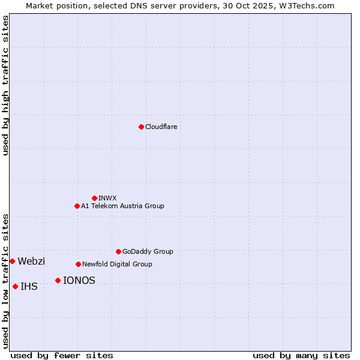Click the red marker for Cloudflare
141,127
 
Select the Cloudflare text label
161,127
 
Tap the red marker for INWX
94,198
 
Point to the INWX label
108,198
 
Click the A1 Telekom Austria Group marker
77,206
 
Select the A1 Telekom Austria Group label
122,206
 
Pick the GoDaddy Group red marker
118,251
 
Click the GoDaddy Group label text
148,251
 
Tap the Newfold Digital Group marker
78,264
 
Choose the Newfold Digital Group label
117,264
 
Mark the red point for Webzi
12,261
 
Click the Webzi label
31,261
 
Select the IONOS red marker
58,280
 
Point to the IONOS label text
79,280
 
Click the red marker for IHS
15,286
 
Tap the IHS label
29,286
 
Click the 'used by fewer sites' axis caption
62,355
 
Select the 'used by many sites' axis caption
301,355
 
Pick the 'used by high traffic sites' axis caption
5,85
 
